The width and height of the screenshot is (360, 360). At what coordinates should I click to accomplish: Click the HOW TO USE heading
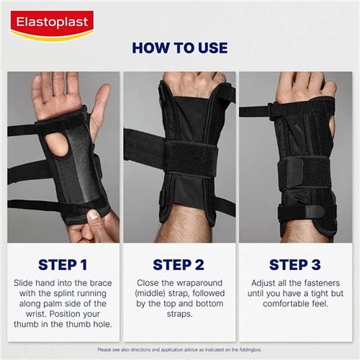(x=180, y=48)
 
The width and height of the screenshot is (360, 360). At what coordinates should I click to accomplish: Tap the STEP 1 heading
(x=63, y=264)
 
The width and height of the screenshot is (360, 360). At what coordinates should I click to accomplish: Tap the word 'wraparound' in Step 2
(x=197, y=284)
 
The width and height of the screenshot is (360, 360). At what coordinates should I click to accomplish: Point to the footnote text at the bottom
(x=180, y=350)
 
